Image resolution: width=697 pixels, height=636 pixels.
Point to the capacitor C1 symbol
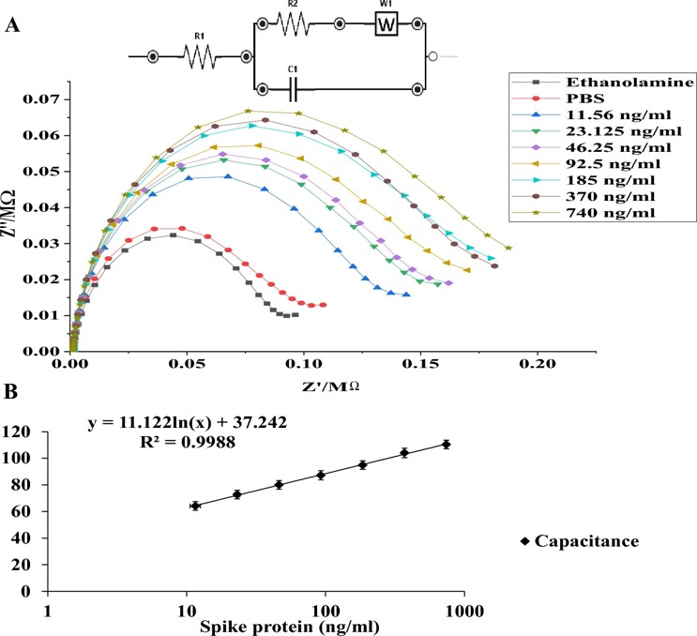tap(294, 90)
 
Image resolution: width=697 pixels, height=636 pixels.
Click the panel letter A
tap(12, 26)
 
